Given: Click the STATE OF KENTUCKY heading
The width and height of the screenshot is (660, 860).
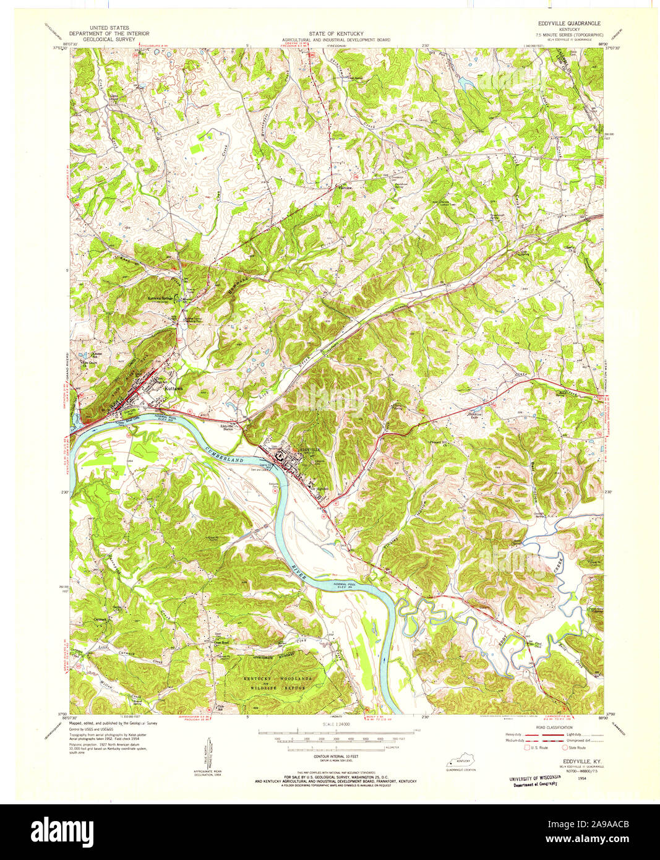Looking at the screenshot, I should [x=336, y=33].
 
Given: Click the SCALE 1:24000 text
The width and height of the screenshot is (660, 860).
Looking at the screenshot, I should [x=335, y=724].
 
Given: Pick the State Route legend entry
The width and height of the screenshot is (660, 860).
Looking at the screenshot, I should [x=575, y=747].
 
